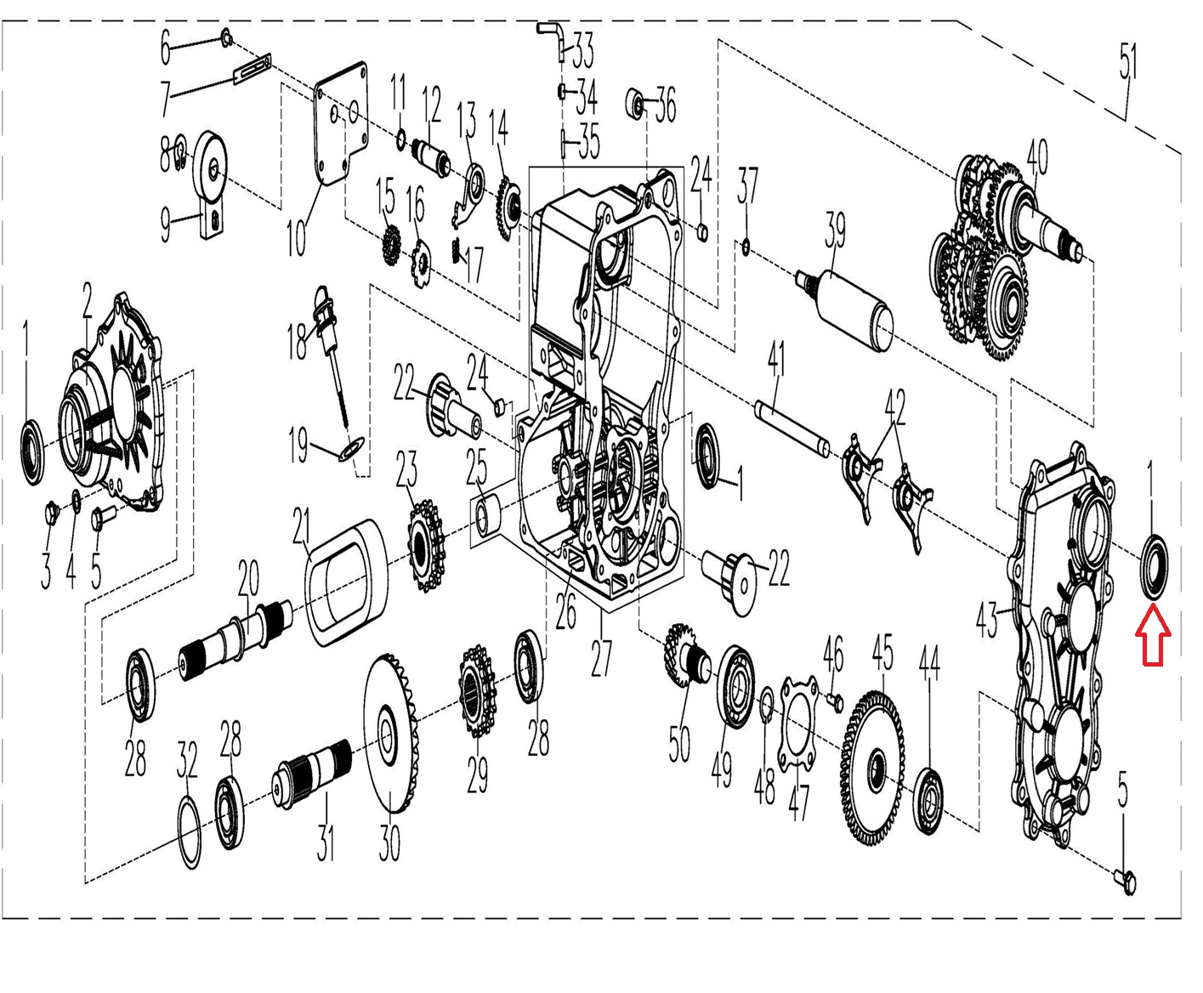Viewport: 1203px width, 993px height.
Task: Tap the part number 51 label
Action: [x=1127, y=74]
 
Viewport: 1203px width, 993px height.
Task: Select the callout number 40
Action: [x=1036, y=157]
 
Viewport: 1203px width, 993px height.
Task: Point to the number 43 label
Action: [x=986, y=621]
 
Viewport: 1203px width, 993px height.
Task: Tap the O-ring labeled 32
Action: [x=189, y=830]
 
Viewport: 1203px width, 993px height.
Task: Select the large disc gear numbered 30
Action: [x=393, y=735]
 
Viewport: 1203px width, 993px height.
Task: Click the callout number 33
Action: [x=582, y=50]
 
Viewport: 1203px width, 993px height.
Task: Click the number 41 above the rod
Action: [x=775, y=360]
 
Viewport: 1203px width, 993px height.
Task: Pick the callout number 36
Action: [x=665, y=105]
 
